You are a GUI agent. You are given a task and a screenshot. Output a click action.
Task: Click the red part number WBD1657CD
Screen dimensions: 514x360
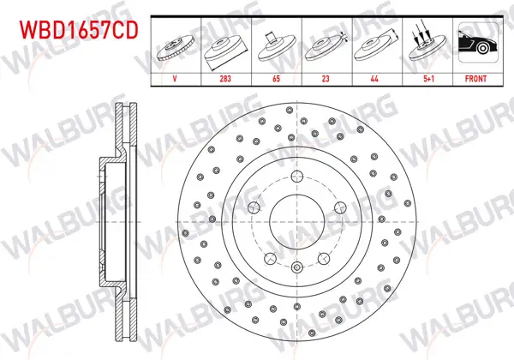tap(79, 30)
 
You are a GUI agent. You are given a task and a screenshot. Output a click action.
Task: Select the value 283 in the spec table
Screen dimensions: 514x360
tap(225, 79)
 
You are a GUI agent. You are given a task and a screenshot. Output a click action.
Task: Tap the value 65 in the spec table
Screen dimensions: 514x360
tap(277, 79)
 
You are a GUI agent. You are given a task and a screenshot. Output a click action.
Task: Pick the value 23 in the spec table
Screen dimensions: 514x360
tap(326, 79)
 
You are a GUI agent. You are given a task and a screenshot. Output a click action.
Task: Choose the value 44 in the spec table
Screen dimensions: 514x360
tap(374, 79)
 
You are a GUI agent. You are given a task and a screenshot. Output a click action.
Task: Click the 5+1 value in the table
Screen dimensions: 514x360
tap(429, 79)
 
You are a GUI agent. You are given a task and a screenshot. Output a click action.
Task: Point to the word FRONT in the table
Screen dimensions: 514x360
tap(475, 79)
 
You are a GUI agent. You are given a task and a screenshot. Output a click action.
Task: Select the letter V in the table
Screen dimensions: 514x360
tap(175, 79)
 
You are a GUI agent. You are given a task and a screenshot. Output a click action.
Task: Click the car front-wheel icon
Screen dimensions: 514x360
tap(478, 42)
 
